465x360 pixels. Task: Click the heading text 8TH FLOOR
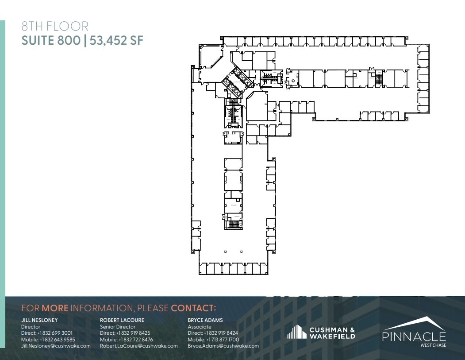pyautogui.click(x=55, y=27)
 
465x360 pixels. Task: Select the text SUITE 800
pyautogui.click(x=51, y=41)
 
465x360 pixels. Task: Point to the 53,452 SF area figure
pyautogui.click(x=117, y=41)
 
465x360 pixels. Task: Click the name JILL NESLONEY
pyautogui.click(x=39, y=320)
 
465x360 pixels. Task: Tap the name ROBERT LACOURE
pyautogui.click(x=122, y=320)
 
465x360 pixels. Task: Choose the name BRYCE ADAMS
pyautogui.click(x=205, y=320)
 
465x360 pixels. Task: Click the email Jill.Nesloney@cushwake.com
pyautogui.click(x=56, y=346)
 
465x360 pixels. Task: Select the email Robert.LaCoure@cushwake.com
pyautogui.click(x=138, y=346)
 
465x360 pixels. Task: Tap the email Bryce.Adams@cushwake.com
pyautogui.click(x=223, y=346)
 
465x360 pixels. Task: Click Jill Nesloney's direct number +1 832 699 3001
pyautogui.click(x=55, y=333)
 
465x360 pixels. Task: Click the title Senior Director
pyautogui.click(x=117, y=327)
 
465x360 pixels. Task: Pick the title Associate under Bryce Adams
pyautogui.click(x=200, y=327)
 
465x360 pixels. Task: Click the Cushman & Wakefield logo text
pyautogui.click(x=332, y=333)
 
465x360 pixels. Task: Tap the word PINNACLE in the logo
pyautogui.click(x=414, y=337)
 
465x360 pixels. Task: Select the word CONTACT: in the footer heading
pyautogui.click(x=193, y=308)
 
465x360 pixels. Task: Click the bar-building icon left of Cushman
pyautogui.click(x=296, y=332)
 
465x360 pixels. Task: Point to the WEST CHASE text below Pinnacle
pyautogui.click(x=434, y=345)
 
